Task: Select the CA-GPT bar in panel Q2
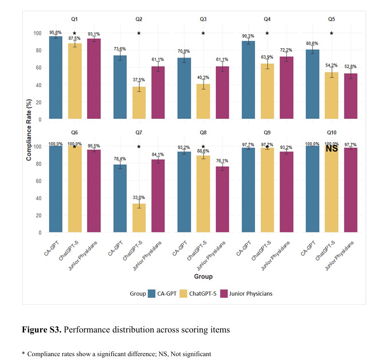click(120, 87)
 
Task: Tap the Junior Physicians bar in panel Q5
click(350, 96)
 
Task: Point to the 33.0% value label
click(139, 197)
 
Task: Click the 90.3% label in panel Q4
click(248, 35)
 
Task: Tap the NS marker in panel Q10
click(331, 149)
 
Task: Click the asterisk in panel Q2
click(139, 34)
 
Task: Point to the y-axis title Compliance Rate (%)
click(29, 128)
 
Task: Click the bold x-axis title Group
click(203, 276)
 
